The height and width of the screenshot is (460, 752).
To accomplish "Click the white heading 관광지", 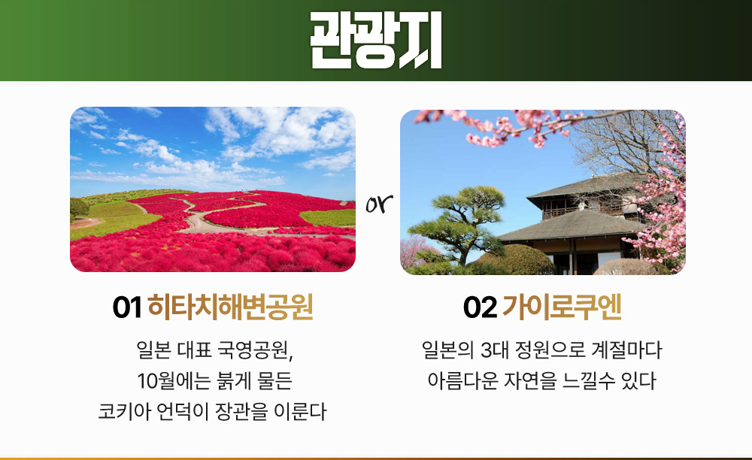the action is [x=376, y=41].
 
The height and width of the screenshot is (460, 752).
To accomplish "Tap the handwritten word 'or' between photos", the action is [x=379, y=204].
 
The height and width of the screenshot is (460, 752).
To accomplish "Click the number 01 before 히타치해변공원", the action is [x=127, y=307].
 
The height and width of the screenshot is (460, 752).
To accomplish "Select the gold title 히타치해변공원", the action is [x=230, y=307].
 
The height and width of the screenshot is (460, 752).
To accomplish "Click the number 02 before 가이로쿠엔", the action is [x=480, y=307].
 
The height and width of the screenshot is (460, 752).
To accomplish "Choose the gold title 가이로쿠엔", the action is [x=562, y=307].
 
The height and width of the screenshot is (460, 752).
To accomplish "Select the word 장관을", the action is [x=241, y=412].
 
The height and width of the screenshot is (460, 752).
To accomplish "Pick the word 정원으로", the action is [x=550, y=350].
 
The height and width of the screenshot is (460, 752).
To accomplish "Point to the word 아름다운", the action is [x=462, y=381].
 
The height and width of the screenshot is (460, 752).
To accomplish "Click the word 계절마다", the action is [x=626, y=350].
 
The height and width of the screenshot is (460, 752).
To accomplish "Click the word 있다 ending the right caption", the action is [x=638, y=381].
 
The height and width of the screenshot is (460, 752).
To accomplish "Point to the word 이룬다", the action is [x=300, y=412].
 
